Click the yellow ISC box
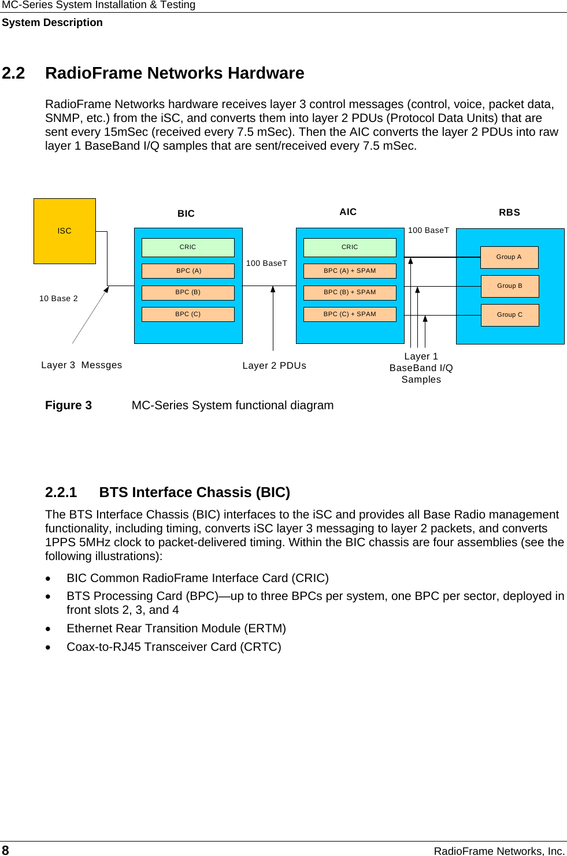[x=65, y=231]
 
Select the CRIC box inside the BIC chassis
[x=188, y=247]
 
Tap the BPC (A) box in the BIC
[x=188, y=270]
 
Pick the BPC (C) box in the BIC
[x=188, y=314]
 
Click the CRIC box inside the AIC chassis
[x=350, y=247]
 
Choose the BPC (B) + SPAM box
[x=350, y=292]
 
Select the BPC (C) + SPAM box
[x=350, y=314]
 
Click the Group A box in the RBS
[x=509, y=257]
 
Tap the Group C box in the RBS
[x=510, y=315]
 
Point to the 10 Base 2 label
[x=58, y=298]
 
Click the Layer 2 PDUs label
[x=275, y=365]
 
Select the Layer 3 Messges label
[x=81, y=365]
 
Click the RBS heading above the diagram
[x=509, y=212]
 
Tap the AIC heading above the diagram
[x=348, y=212]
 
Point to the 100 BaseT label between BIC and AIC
[x=266, y=263]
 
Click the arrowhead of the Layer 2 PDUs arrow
[x=273, y=290]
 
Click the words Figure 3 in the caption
[x=68, y=405]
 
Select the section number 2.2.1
[x=61, y=492]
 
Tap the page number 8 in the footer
[x=5, y=850]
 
